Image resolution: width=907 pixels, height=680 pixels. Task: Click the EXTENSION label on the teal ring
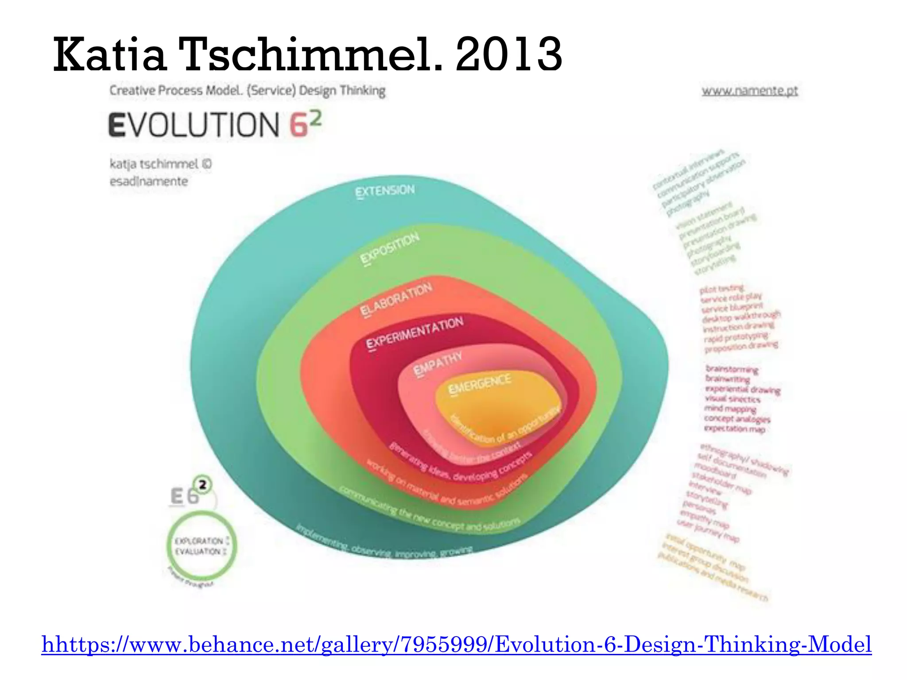(x=385, y=191)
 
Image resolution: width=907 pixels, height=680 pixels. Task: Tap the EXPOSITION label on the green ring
(x=390, y=248)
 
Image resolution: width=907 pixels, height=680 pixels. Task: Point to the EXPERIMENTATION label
(x=415, y=332)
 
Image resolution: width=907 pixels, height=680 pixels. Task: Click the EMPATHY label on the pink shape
(x=438, y=363)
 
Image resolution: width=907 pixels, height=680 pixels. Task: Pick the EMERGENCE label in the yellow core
(x=480, y=383)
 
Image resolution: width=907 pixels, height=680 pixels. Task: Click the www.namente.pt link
(x=750, y=91)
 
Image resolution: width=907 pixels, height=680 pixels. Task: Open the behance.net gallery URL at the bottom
(x=457, y=644)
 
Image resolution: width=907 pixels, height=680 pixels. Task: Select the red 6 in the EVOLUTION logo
(x=299, y=125)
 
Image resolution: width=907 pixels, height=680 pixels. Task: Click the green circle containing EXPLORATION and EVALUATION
(x=202, y=546)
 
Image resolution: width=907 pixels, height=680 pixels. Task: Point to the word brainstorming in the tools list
(x=732, y=369)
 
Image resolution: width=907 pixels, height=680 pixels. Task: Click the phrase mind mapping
(x=730, y=409)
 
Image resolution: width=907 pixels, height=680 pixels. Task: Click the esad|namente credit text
(x=149, y=182)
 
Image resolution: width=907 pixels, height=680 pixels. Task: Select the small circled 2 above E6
(x=202, y=485)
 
